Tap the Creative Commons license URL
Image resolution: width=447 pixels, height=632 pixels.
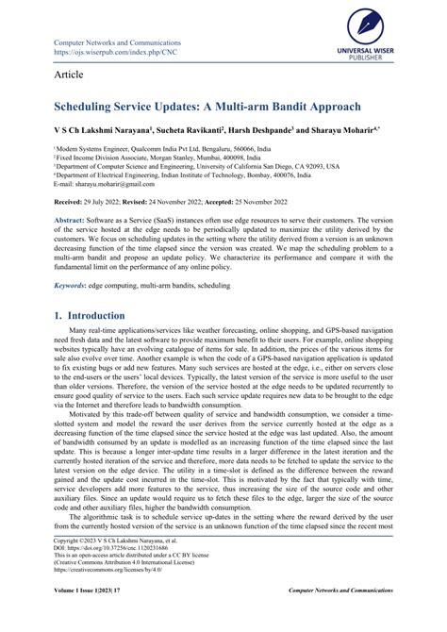(x=92, y=596)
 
